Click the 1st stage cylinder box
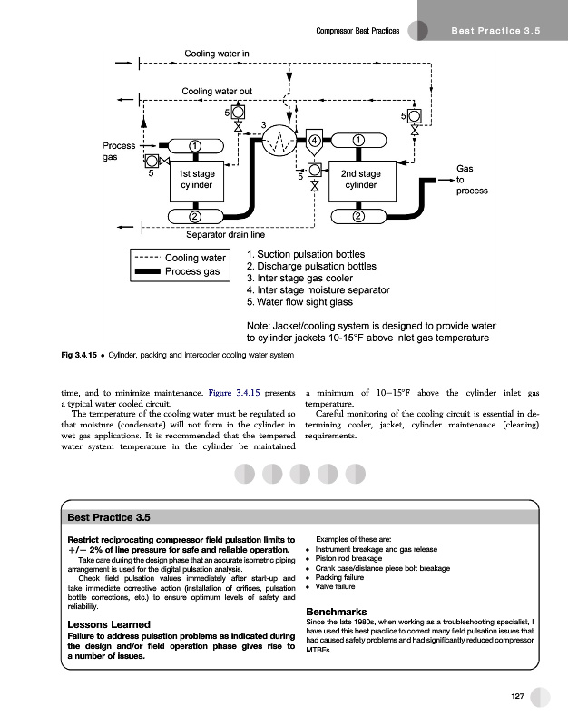[x=197, y=179]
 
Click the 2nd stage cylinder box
[x=360, y=180]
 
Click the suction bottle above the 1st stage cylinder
[x=195, y=145]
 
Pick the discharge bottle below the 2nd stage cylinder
[x=359, y=216]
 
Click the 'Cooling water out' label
[x=218, y=91]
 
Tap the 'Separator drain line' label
[x=225, y=236]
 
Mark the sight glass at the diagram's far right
[x=414, y=116]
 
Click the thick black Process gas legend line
[x=146, y=271]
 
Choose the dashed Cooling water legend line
[x=146, y=258]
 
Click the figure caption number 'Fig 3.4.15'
[x=82, y=353]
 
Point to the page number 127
[x=518, y=696]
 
